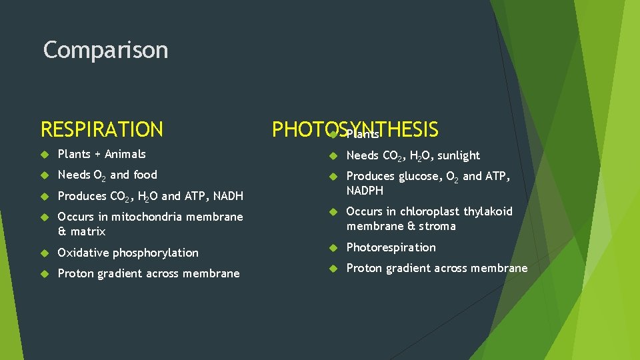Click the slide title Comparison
point(105,50)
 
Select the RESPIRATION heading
point(101,129)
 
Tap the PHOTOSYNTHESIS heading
point(355,129)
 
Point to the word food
point(145,175)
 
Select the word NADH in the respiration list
point(229,196)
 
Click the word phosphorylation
point(156,253)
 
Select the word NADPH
point(365,191)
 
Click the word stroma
point(437,226)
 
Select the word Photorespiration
point(391,247)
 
